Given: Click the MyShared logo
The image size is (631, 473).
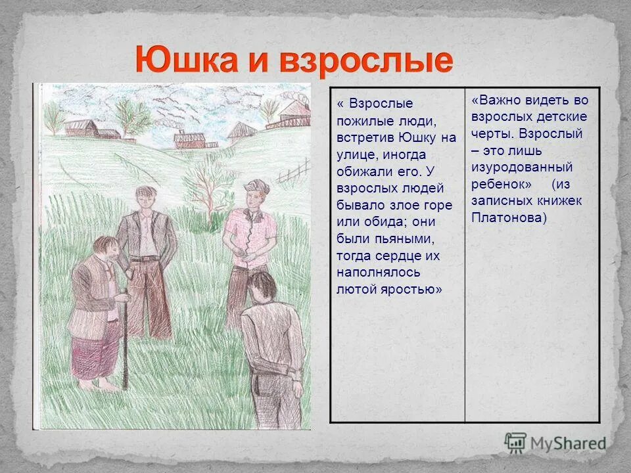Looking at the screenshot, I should click(x=555, y=443).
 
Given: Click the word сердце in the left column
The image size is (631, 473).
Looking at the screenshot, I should click(x=398, y=256).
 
